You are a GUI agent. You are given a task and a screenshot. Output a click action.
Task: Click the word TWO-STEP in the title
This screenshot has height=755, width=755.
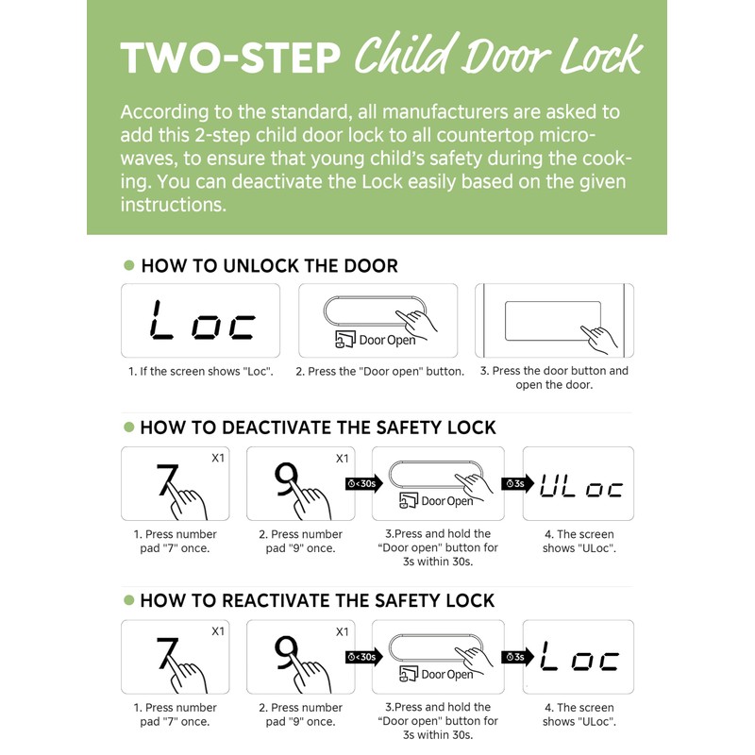coord(230,59)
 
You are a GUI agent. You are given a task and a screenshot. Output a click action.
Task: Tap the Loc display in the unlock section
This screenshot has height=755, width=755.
coord(201,320)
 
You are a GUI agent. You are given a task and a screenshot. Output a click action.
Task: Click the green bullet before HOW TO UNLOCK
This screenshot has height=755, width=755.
coord(128,265)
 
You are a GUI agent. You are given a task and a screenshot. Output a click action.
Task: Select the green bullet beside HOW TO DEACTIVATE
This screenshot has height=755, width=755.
coord(128,428)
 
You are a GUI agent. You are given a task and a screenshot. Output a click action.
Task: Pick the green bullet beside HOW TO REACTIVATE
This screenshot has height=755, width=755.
coord(128,600)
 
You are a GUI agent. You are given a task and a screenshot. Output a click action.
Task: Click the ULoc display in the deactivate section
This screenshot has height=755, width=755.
coord(580,486)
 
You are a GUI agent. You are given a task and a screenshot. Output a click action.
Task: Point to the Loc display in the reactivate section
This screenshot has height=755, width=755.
coord(579,656)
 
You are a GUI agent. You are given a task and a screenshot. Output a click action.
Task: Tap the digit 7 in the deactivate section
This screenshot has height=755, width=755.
coord(167,479)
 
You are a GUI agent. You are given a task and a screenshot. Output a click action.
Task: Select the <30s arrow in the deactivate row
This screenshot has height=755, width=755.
coord(363,483)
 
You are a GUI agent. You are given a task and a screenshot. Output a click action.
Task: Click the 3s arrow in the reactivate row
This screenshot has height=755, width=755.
coord(517,657)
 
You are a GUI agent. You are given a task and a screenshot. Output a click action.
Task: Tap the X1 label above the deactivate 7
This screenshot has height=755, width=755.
coord(218,458)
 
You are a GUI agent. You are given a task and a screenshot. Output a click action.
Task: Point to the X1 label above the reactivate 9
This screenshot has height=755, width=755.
coord(343,631)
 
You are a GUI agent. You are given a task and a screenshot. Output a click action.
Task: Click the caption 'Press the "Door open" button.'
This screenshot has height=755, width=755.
coord(380,371)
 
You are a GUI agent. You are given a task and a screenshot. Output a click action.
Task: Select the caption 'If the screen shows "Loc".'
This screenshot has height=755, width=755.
coord(201,371)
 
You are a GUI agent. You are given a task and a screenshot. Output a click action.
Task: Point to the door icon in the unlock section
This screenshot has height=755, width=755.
coord(344,339)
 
